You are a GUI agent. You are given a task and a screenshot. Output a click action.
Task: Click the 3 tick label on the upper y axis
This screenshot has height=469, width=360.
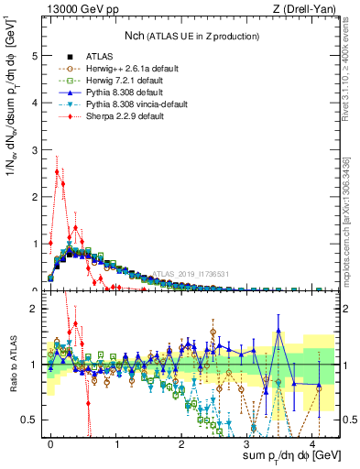34,149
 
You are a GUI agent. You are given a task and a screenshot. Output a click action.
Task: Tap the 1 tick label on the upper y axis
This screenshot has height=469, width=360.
34,244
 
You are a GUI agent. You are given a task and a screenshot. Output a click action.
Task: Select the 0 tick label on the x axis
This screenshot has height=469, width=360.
50,442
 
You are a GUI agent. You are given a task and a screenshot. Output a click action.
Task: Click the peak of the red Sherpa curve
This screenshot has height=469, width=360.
57,170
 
